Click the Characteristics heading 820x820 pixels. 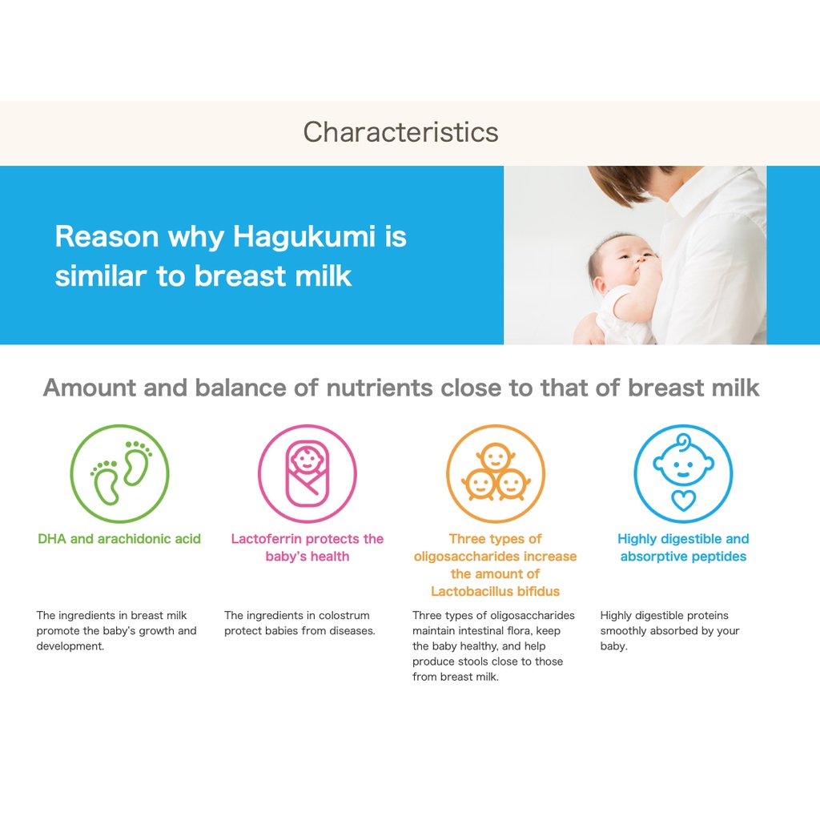point(400,132)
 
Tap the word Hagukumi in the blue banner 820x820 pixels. point(303,236)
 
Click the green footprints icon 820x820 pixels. point(120,473)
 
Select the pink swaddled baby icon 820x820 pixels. point(307,473)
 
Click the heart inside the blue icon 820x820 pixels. point(684,500)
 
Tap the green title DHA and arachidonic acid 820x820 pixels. point(119,539)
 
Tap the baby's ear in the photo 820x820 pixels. point(600,285)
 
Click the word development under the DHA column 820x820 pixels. point(70,646)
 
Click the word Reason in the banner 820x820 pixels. point(107,236)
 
